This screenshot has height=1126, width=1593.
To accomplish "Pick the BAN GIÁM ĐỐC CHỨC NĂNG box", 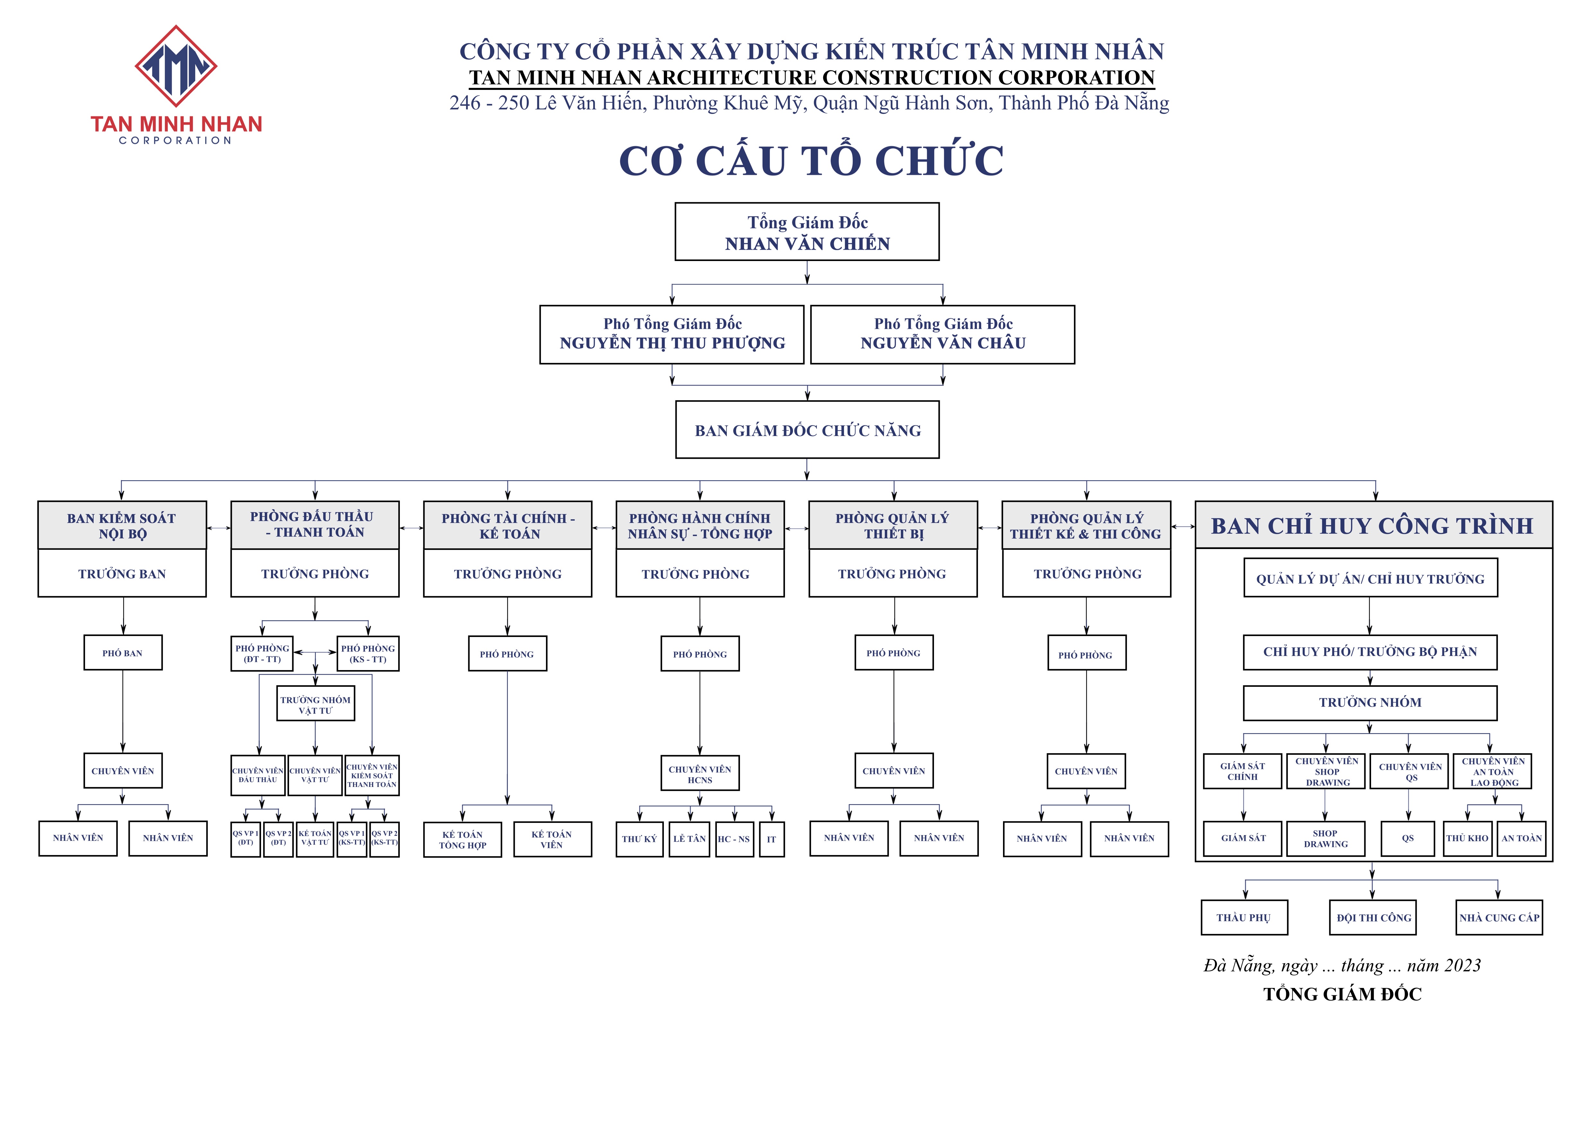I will click(807, 430).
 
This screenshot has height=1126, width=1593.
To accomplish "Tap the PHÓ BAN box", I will click(123, 653).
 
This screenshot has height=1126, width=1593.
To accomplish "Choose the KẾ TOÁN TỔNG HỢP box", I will click(462, 840).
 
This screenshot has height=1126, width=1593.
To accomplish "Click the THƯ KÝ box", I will click(639, 839).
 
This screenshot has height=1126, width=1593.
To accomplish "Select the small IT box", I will click(771, 839).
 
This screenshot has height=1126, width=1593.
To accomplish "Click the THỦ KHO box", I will click(1467, 838).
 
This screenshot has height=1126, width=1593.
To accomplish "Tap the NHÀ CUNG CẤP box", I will click(1499, 917).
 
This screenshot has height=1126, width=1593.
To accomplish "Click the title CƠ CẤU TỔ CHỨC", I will click(810, 161).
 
